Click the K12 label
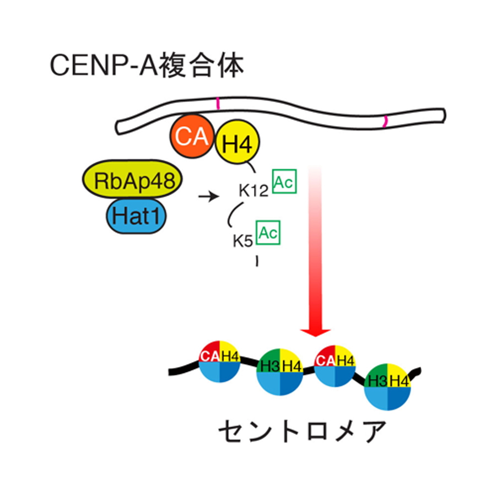click(253, 191)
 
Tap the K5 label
click(244, 240)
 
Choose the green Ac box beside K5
click(269, 233)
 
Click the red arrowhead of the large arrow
click(315, 329)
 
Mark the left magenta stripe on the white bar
click(218, 103)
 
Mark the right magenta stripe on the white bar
click(386, 121)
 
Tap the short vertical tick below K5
click(257, 261)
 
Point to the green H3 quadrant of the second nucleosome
click(269, 363)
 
